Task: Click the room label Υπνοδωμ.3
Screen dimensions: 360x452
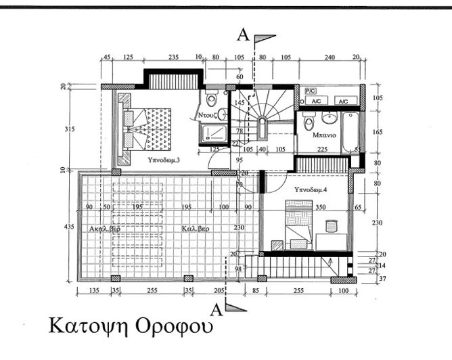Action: pyautogui.click(x=163, y=162)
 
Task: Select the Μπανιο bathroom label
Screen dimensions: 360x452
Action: pyautogui.click(x=325, y=135)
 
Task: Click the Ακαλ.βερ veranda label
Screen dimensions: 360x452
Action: pyautogui.click(x=105, y=229)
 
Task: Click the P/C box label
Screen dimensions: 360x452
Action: pyautogui.click(x=311, y=90)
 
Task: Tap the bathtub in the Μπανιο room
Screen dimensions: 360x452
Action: pyautogui.click(x=350, y=131)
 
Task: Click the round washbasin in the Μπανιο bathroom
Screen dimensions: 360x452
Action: pyautogui.click(x=331, y=119)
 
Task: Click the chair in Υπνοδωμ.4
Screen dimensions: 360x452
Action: pyautogui.click(x=330, y=226)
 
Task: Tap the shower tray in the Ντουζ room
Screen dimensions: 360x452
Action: pyautogui.click(x=214, y=134)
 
